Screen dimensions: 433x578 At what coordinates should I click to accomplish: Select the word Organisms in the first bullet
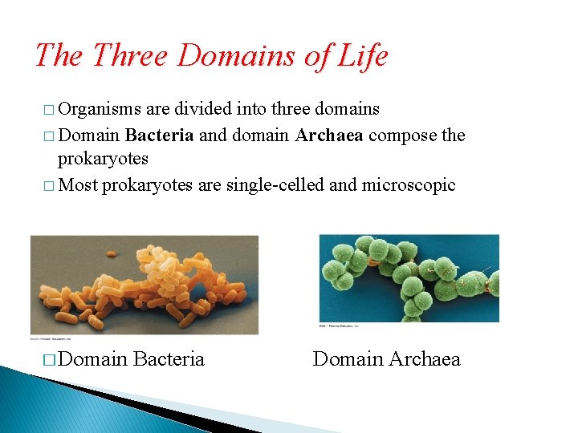100,108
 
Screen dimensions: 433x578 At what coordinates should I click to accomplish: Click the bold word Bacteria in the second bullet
159,134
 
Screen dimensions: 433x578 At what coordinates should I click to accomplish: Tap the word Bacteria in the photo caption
169,358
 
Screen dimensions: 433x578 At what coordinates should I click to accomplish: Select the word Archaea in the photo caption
424,358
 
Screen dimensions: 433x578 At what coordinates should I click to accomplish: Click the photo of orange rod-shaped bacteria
144,285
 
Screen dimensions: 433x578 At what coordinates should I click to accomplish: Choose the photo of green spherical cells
409,277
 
